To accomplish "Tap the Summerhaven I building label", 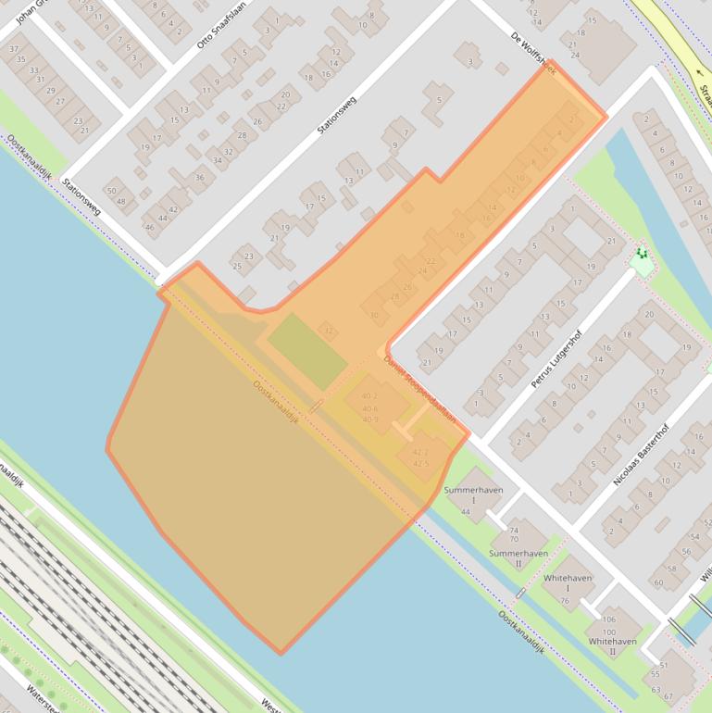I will [473, 494].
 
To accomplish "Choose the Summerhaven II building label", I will [518, 558].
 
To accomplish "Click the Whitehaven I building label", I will [568, 583].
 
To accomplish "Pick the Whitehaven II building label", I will [612, 646].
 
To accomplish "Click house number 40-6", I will [369, 408].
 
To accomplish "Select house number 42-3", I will [420, 452].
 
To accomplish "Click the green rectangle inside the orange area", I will [307, 351].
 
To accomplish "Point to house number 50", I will [112, 191].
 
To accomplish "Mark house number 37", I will [14, 48].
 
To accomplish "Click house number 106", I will [608, 619].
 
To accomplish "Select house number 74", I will [514, 529].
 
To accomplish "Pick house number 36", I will [199, 177].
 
